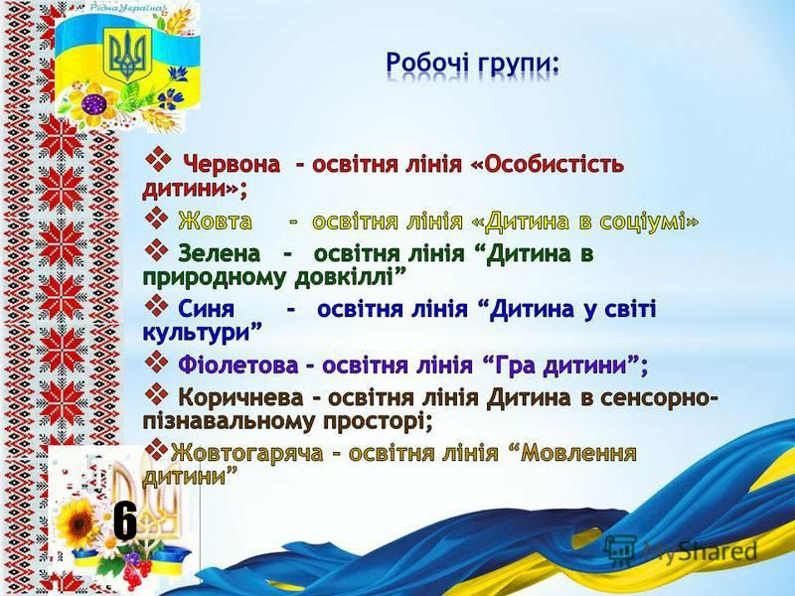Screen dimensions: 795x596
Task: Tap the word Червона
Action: pos(232,164)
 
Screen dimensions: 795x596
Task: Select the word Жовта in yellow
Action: pos(215,222)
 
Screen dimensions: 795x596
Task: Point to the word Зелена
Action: pos(219,253)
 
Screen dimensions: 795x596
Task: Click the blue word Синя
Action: pos(206,309)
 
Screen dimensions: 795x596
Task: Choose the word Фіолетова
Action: pos(238,365)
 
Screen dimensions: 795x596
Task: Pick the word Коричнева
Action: pos(240,397)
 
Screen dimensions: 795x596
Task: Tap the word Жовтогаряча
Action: pos(246,453)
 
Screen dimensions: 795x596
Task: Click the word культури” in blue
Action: pos(203,333)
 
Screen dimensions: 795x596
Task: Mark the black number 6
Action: pos(125,521)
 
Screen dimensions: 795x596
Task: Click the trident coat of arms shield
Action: pos(127,55)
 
